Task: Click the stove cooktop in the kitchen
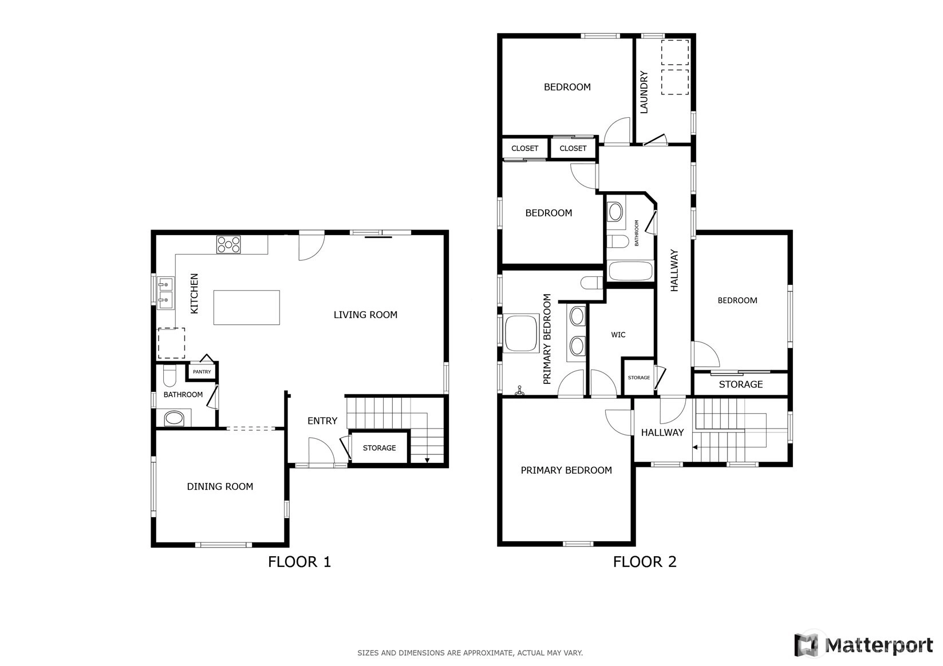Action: coord(228,244)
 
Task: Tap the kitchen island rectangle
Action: coord(246,307)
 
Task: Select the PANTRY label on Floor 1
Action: coord(202,372)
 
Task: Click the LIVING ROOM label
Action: coord(365,315)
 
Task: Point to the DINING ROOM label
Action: coord(220,486)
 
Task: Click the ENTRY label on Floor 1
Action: coord(322,421)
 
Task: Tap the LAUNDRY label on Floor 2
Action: coord(644,92)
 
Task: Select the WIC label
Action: coord(618,335)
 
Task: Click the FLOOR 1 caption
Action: coord(299,562)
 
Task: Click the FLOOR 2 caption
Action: coord(645,562)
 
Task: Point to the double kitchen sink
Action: coord(165,293)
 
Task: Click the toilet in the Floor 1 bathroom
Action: coord(169,375)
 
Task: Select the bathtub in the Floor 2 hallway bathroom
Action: coord(630,271)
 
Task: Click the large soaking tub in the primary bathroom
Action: coord(521,333)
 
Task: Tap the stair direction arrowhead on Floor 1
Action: coord(427,461)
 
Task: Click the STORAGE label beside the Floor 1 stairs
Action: coord(379,448)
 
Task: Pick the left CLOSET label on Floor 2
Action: coord(524,149)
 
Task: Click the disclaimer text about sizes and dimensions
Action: coord(470,653)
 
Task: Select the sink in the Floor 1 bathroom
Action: coord(174,418)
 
